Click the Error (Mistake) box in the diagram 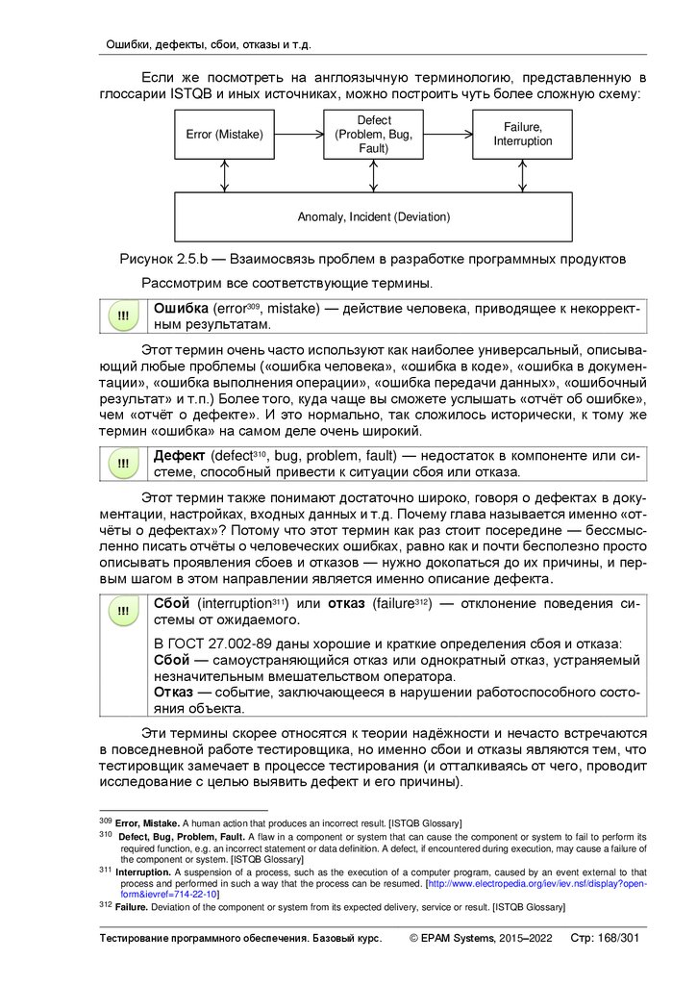coord(224,135)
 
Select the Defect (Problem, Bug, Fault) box coord(373,135)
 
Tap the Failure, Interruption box coord(523,135)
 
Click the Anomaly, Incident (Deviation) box coord(373,216)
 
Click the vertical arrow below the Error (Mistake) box coord(224,176)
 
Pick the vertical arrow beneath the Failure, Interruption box coord(523,176)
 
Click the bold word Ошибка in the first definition coord(182,308)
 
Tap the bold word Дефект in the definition coord(181,455)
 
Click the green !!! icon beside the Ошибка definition coord(123,317)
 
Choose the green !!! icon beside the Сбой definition coord(123,612)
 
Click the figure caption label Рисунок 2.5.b coord(158,259)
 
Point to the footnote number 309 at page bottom coord(105,822)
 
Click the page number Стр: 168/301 coord(605,938)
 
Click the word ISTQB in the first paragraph coord(193,93)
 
